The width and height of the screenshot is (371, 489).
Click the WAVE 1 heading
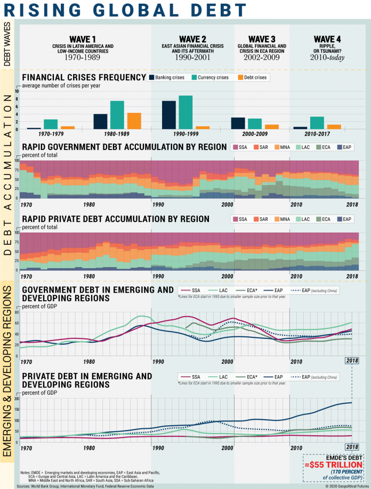tap(83, 39)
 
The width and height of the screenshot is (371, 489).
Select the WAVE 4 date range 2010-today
tap(327, 57)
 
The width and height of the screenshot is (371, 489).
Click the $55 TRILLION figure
tap(334, 463)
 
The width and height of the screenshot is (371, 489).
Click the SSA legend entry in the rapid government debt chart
tap(240, 146)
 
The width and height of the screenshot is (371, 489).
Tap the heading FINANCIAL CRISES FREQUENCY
tap(84, 78)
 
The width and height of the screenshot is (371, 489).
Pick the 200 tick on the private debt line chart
tap(16, 399)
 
